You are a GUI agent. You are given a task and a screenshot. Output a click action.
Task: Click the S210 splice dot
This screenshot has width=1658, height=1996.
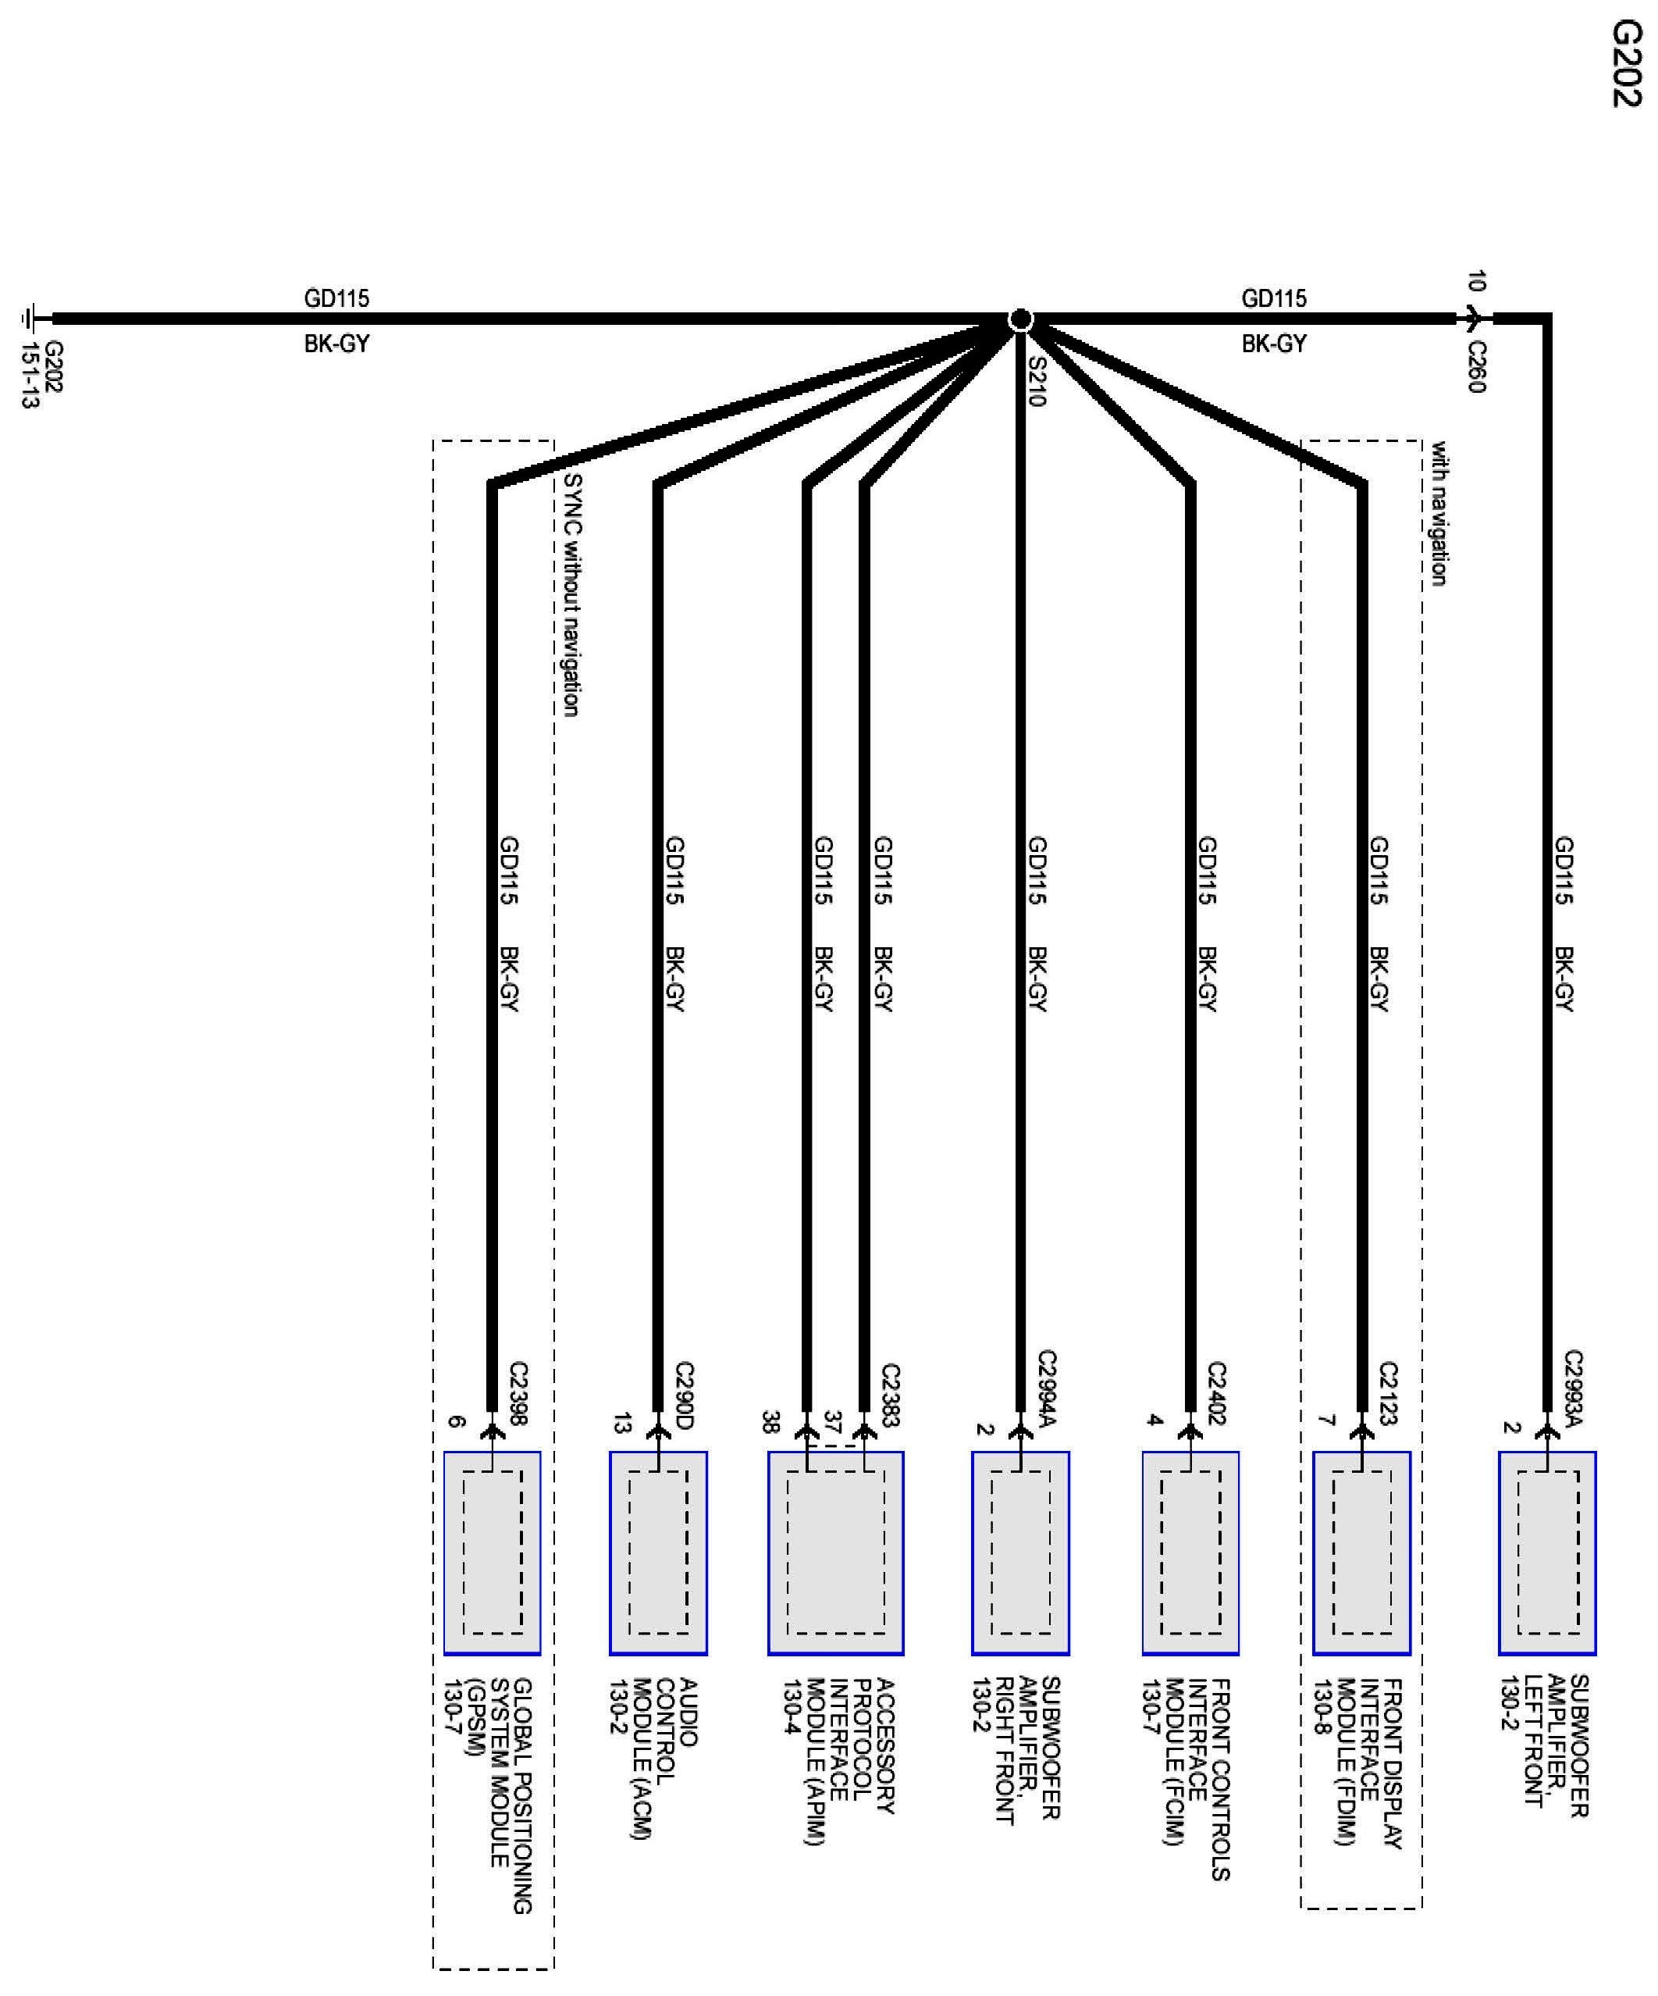coord(1019,319)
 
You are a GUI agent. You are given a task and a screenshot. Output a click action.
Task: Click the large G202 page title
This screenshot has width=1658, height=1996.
coord(1626,65)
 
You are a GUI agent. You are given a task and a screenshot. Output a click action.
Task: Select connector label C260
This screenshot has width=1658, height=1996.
coord(1475,367)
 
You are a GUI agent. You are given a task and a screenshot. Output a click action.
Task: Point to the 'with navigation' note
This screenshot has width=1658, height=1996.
coord(1439,513)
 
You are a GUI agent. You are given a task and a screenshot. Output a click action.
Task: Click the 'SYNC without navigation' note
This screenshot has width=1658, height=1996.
coord(571,594)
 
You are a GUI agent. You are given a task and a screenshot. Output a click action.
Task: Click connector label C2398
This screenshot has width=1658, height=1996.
coord(518,1393)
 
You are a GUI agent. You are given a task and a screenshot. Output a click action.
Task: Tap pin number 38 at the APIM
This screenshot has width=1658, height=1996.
coord(769,1422)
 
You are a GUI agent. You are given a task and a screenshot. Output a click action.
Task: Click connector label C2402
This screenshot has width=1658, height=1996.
coord(1216,1393)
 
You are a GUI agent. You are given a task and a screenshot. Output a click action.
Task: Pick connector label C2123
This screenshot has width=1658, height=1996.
coord(1387,1393)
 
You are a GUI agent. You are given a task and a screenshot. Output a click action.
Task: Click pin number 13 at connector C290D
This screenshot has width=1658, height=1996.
coord(621,1423)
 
